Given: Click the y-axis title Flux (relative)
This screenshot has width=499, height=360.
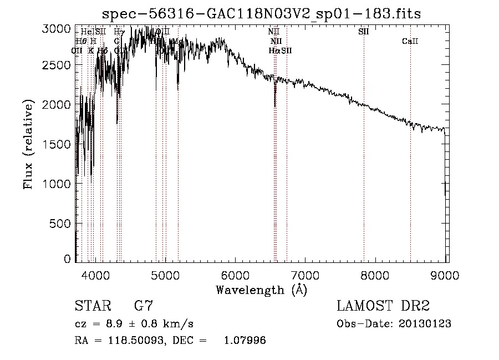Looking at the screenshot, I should coord(28,144).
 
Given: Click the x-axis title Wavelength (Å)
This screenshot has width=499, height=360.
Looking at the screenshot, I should coord(261,290).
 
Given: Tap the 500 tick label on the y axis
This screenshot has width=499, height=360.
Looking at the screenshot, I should coord(61,223).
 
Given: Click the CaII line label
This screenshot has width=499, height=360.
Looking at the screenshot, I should coord(410,42).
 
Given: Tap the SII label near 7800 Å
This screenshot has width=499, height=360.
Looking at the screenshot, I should coord(364,32).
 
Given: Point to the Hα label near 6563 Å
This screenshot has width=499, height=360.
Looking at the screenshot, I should coord(273,50).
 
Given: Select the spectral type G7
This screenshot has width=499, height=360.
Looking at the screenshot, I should coord(144,306).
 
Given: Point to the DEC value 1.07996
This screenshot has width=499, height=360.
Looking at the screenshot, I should coord(244,341).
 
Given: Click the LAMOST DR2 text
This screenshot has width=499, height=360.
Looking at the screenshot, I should coord(383,306).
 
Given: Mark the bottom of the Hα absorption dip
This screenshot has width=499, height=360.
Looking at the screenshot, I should coord(275,105).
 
